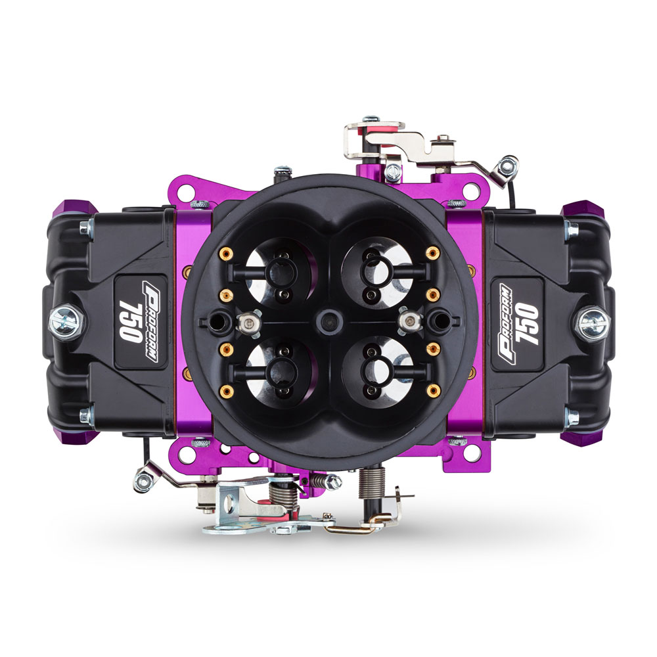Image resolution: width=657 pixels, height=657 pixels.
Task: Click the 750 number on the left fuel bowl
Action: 129,322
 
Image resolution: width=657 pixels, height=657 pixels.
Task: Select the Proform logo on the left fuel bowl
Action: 150,321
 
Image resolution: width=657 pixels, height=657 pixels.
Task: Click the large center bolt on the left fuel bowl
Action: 66,322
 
